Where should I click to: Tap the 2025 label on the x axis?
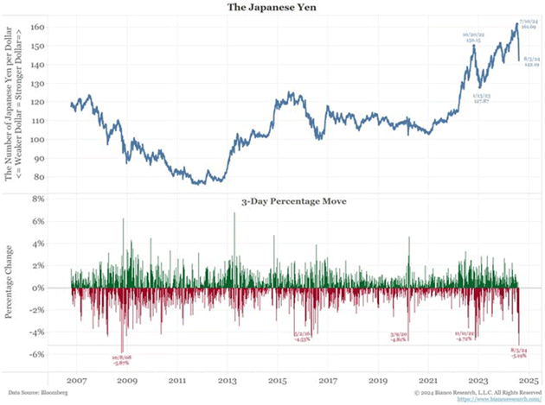coord(528,380)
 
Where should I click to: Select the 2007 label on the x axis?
coord(75,380)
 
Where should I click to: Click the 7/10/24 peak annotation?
coord(529,23)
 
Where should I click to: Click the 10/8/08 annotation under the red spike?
coord(119,360)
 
